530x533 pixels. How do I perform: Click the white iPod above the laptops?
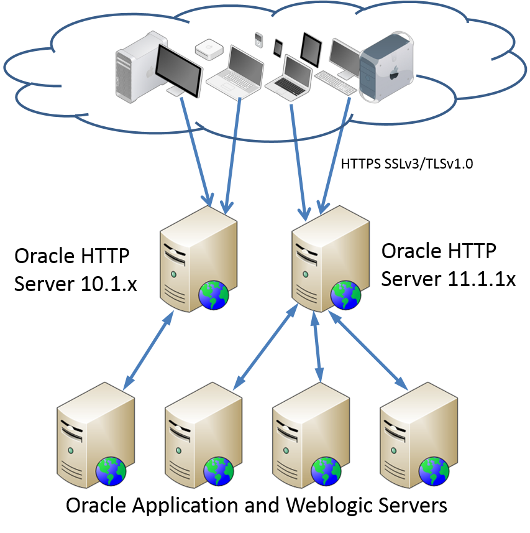pos(258,40)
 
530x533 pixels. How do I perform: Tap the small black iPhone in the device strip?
pos(278,47)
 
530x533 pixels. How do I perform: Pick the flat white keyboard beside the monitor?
pos(336,81)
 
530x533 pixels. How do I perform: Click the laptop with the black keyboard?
pos(290,76)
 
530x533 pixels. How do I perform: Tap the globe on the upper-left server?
pos(214,295)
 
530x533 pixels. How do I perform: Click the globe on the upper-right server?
pos(345,295)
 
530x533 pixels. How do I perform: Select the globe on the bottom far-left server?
pos(111,471)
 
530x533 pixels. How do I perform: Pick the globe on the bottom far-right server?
pos(434,471)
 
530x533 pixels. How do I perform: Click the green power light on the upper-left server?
pos(174,274)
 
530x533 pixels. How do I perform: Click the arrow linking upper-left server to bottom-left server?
pos(148,351)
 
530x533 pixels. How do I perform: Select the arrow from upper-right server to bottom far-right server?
pos(368,351)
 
